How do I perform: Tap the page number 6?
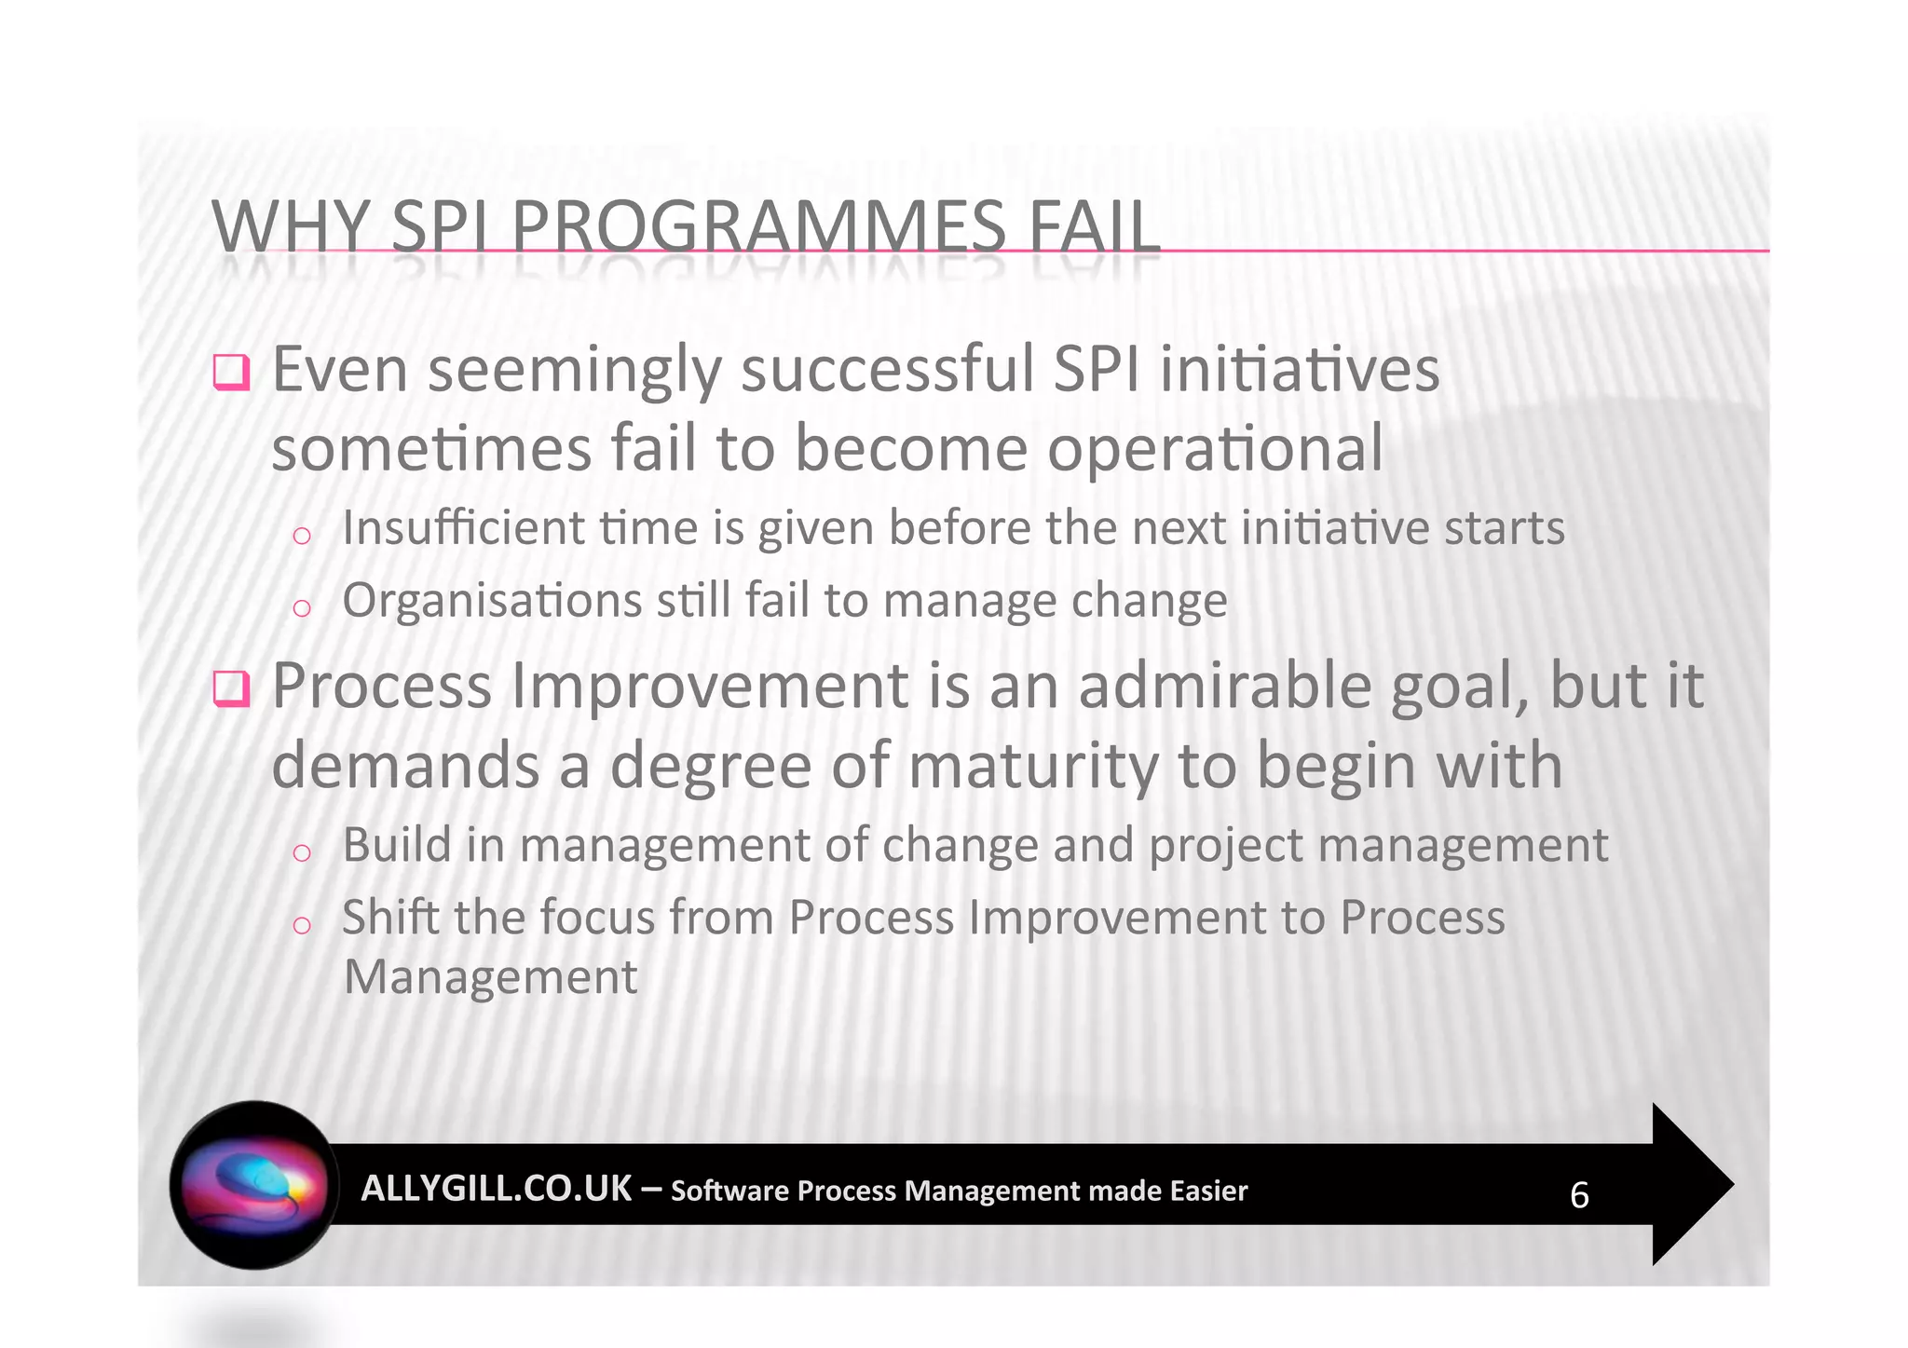coord(1579,1195)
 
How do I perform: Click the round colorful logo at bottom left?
coord(254,1185)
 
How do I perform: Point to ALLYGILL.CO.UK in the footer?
coord(496,1189)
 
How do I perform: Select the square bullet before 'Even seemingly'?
coord(231,373)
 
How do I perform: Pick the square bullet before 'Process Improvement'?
coord(231,689)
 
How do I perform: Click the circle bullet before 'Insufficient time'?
coord(301,536)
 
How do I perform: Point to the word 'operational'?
coord(1215,449)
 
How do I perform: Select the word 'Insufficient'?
coord(462,528)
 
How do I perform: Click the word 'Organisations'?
coord(491,601)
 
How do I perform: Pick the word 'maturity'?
coord(1033,766)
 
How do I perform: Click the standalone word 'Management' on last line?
coord(490,977)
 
